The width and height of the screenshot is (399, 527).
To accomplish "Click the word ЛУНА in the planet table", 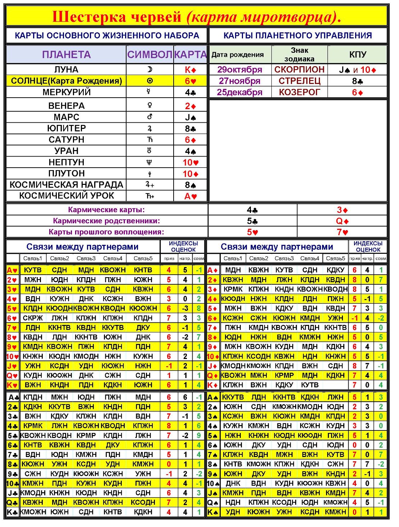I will [66, 69].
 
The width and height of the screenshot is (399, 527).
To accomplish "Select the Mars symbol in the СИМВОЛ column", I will [150, 117].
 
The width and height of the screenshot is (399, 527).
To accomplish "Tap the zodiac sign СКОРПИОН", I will [299, 69].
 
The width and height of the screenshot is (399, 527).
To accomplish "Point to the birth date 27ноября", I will [239, 81].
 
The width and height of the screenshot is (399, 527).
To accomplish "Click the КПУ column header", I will [358, 55].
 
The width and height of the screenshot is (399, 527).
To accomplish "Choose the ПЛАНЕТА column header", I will [66, 55].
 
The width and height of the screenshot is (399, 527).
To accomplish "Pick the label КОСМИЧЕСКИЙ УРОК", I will [66, 196].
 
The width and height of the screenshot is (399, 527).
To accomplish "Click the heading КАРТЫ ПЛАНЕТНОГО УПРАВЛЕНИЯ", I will [298, 36].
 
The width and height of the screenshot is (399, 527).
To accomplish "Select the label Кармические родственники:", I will [106, 221].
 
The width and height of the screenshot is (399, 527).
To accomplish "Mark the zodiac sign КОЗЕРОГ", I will [299, 92].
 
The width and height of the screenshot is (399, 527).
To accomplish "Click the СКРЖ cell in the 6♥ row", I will [33, 318].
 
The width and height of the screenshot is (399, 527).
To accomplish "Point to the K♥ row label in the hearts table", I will [12, 385].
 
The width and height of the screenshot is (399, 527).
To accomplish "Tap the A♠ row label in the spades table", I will [213, 397].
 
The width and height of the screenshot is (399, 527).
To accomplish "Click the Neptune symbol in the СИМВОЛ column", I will [150, 162].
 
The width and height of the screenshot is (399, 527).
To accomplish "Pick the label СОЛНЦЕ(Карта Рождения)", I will [66, 81].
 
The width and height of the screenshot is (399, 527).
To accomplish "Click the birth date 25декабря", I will [239, 92].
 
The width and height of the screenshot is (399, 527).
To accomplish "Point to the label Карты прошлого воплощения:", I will [106, 232].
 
